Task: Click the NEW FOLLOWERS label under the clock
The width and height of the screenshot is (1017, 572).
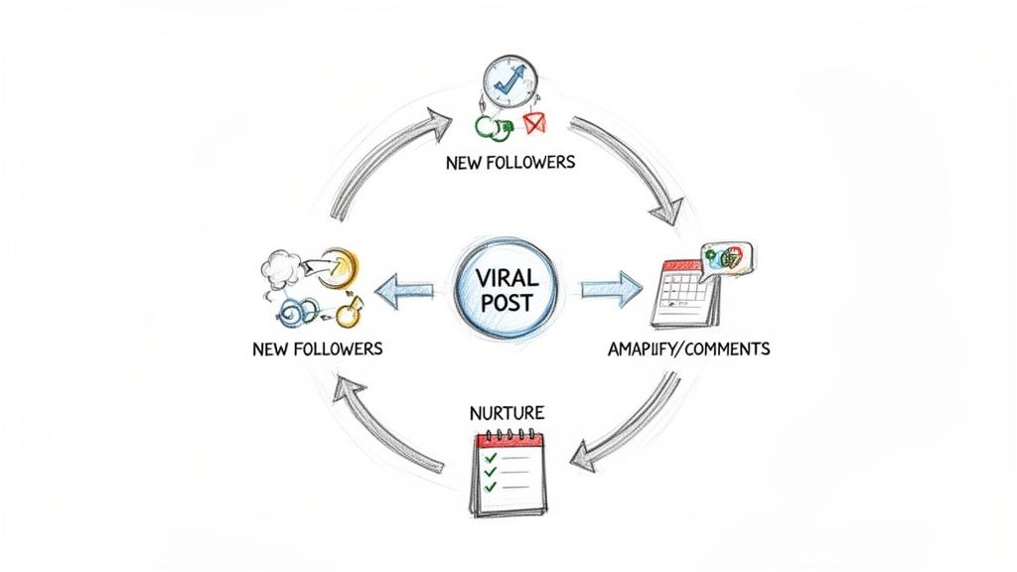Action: [x=508, y=162]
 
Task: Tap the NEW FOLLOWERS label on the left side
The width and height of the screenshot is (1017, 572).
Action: [x=318, y=350]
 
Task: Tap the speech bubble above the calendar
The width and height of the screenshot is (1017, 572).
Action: [x=727, y=258]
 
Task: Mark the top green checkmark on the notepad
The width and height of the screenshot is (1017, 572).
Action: [x=489, y=458]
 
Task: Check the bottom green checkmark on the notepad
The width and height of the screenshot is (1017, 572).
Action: [x=489, y=488]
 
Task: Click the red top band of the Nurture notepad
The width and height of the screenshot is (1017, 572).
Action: [x=509, y=438]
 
